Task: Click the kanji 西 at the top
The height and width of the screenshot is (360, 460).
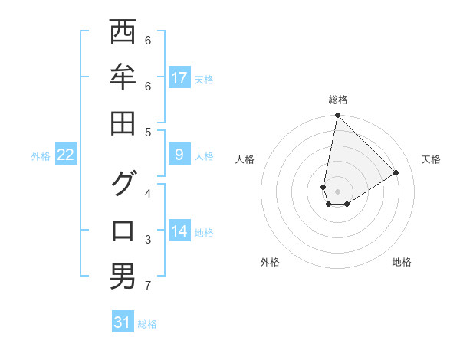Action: point(123,32)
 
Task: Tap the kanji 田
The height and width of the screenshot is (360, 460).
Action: point(123,123)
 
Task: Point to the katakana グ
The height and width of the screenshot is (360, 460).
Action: point(123,184)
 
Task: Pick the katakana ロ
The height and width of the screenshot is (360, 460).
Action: point(123,231)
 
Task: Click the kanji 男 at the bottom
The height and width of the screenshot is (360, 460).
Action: point(123,277)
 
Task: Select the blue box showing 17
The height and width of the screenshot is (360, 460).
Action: point(179,78)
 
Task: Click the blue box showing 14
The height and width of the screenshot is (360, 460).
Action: point(179,232)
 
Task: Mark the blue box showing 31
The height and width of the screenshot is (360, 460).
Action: point(123,322)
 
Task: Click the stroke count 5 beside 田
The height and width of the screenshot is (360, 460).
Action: point(148,132)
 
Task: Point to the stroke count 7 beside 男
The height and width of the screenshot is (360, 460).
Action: point(148,286)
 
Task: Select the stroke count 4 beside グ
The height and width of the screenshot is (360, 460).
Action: point(148,193)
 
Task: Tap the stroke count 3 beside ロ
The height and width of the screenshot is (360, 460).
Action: point(148,240)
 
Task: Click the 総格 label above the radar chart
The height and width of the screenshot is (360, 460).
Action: point(337,100)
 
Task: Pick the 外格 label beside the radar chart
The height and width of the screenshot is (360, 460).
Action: point(269,262)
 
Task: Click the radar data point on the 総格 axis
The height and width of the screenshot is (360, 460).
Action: point(337,116)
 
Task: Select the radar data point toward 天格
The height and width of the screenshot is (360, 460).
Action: point(396,172)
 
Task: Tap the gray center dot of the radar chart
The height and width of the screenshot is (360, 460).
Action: point(337,191)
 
